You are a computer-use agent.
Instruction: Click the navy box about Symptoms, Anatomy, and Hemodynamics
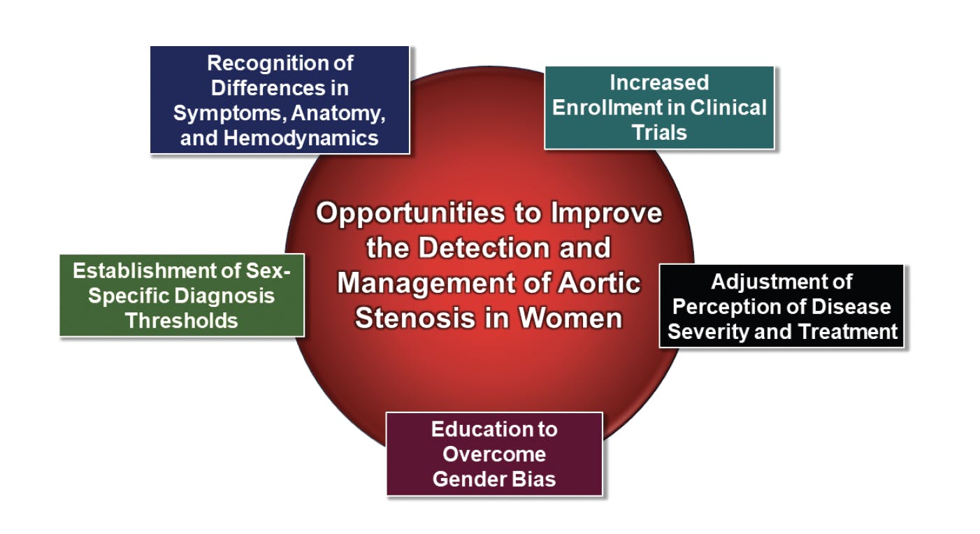[280, 100]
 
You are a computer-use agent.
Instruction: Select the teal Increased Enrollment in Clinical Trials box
[659, 108]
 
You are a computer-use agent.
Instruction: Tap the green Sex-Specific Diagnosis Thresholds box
[182, 295]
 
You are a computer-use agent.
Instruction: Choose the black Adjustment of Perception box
[781, 306]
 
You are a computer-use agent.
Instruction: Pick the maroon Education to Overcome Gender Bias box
[494, 454]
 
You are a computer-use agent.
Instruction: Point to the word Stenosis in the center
[415, 317]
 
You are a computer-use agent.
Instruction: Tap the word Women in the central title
[570, 317]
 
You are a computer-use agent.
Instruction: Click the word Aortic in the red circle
[599, 283]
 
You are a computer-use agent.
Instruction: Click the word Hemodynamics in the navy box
[301, 138]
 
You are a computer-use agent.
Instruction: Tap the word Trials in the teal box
[659, 133]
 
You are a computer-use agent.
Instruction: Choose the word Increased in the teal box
[659, 82]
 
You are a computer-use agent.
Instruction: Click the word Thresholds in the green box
[182, 321]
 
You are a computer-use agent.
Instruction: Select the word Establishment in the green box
[145, 270]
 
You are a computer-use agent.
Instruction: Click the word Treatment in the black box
[849, 332]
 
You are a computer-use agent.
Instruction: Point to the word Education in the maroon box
[470, 429]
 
